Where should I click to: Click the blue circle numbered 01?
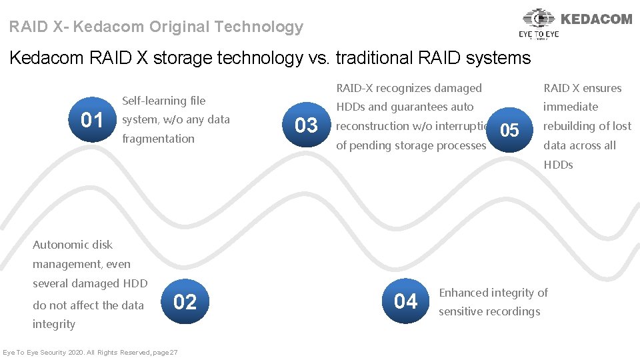pos(92,121)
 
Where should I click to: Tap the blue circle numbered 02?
pos(185,302)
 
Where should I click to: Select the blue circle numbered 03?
pos(306,125)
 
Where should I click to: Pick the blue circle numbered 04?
pos(405,302)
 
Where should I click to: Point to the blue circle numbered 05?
pos(509,131)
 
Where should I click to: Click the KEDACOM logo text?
pos(597,19)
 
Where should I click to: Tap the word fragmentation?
pos(159,139)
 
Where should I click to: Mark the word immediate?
pos(571,107)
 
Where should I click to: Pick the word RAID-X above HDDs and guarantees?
pos(354,88)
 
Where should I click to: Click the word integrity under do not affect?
pos(54,324)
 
